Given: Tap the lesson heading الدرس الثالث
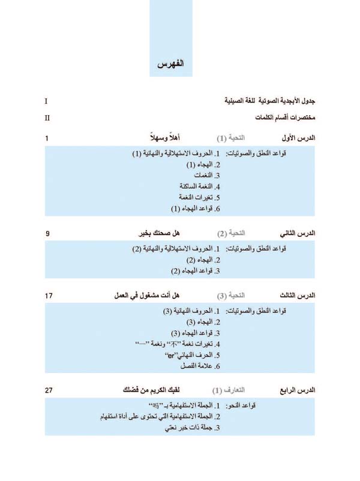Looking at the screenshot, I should click(298, 296).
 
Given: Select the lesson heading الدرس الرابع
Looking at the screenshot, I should click(298, 390).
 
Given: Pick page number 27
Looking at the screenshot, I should click(49, 390).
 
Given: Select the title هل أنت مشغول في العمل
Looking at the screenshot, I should click(148, 296).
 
